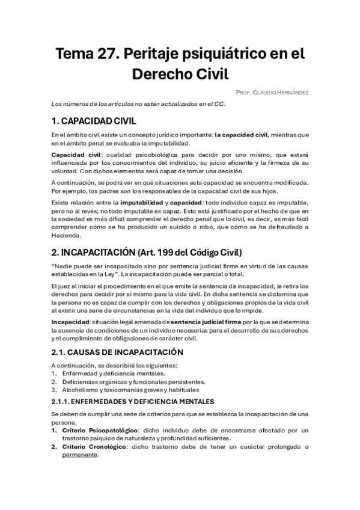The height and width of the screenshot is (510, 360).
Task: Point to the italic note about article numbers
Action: coord(138,103)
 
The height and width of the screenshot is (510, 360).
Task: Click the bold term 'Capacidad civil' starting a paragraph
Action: coord(76,155)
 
